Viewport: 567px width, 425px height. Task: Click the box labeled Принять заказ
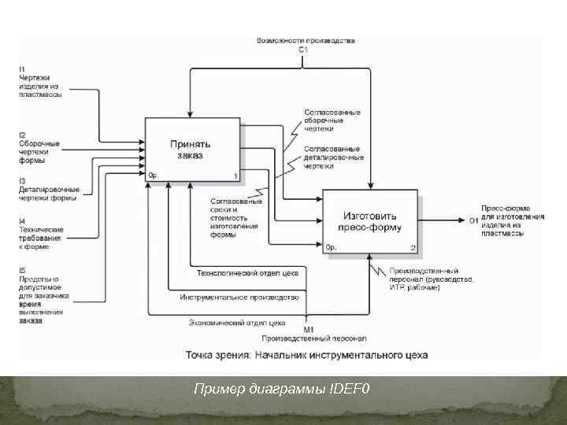click(191, 149)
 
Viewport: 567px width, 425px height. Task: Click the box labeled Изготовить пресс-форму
click(371, 221)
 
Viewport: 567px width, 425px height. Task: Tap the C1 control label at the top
click(303, 50)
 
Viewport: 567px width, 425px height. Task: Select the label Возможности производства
click(306, 40)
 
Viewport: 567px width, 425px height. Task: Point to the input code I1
click(22, 69)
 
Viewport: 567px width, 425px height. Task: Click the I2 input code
click(22, 135)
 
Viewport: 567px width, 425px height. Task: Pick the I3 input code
click(22, 180)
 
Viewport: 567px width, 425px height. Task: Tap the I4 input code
click(22, 220)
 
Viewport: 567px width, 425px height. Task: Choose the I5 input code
click(22, 271)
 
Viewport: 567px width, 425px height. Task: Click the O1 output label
click(473, 220)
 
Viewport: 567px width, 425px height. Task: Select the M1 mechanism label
click(309, 329)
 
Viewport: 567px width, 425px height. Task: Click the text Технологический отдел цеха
click(246, 273)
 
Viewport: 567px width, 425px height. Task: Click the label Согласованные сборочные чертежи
click(332, 120)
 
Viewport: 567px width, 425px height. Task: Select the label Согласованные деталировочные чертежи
click(334, 157)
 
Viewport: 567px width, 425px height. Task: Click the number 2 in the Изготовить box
click(413, 248)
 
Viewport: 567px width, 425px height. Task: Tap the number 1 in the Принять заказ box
click(235, 175)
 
